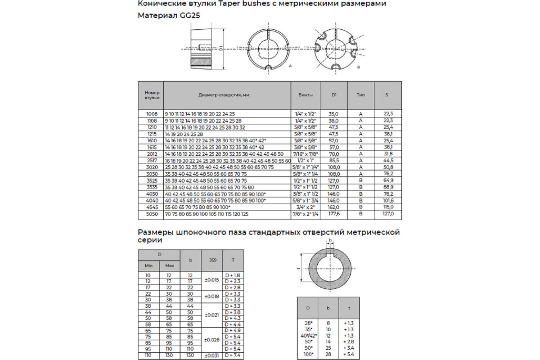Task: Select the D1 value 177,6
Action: [x=333, y=214]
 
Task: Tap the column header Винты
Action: [x=305, y=95]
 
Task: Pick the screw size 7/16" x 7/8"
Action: [x=305, y=154]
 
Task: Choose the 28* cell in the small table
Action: [x=309, y=323]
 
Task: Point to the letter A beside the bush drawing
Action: [x=290, y=66]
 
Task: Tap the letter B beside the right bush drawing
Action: [x=358, y=66]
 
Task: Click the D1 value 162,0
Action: [x=333, y=207]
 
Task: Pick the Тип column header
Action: [x=360, y=95]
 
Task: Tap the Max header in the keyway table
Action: [x=169, y=265]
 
